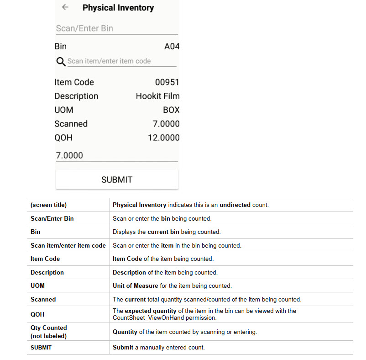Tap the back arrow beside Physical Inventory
65,7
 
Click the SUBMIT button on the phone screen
117,180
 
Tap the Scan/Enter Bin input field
116,28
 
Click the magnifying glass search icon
60,62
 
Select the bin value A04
172,47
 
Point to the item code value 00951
167,82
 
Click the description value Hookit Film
157,96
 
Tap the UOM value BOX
171,110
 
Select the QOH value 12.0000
163,138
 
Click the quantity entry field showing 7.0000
116,155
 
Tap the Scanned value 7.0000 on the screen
166,124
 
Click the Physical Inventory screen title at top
118,8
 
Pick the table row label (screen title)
48,205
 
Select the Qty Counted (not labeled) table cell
49,332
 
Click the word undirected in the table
235,205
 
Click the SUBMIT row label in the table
41,348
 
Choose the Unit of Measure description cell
172,286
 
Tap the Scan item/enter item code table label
68,246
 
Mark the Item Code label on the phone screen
74,82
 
